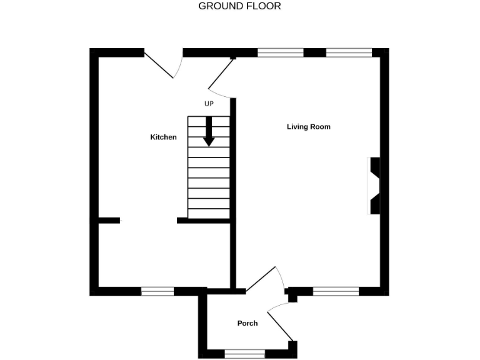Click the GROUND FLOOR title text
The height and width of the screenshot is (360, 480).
[239, 6]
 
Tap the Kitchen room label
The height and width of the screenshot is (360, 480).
[164, 137]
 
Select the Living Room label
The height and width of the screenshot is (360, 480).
[309, 127]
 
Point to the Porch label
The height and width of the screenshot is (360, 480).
[247, 323]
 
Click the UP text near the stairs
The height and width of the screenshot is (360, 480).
[209, 104]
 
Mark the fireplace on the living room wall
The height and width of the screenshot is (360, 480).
[374, 186]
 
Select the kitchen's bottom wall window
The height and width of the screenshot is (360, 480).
[157, 291]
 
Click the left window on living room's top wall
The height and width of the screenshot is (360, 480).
[281, 52]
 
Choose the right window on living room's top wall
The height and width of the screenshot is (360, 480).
[349, 52]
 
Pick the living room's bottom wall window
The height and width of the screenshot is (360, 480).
[336, 291]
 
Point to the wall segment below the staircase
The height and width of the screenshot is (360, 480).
[204, 220]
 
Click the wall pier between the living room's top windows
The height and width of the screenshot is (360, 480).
[315, 52]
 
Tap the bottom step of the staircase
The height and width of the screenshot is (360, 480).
[209, 214]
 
